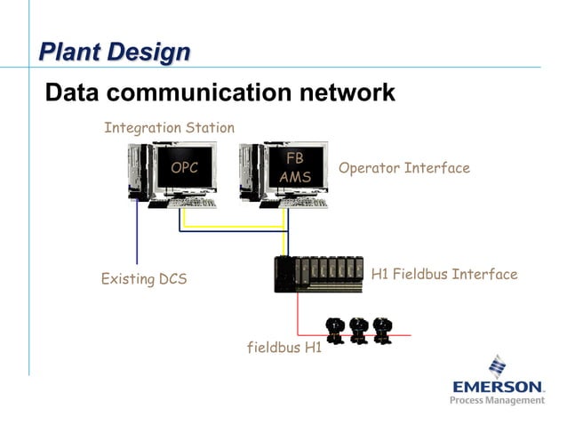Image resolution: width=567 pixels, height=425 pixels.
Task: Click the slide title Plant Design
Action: pyautogui.click(x=114, y=52)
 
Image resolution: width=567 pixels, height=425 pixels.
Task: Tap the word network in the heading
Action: pyautogui.click(x=345, y=92)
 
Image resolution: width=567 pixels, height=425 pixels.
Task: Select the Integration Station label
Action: pyautogui.click(x=169, y=128)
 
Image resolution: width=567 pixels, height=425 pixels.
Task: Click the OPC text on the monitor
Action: pyautogui.click(x=184, y=167)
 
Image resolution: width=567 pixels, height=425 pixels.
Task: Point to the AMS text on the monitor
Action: pyautogui.click(x=295, y=177)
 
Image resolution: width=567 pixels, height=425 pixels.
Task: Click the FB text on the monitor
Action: pyautogui.click(x=295, y=158)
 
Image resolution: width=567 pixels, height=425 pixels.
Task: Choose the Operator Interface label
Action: pyautogui.click(x=403, y=168)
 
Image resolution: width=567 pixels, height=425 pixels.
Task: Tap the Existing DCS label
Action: pyautogui.click(x=144, y=279)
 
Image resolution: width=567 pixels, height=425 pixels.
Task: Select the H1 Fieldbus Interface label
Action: pyautogui.click(x=443, y=274)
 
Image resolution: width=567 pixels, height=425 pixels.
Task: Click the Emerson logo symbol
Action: pyautogui.click(x=498, y=366)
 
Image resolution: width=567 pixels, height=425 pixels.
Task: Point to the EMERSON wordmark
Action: pyautogui.click(x=498, y=387)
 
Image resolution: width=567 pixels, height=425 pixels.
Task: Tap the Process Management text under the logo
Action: pyautogui.click(x=497, y=401)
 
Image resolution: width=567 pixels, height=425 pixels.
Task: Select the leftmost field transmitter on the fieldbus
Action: pyautogui.click(x=335, y=330)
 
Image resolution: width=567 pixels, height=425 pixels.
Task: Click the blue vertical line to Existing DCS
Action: pyautogui.click(x=137, y=236)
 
